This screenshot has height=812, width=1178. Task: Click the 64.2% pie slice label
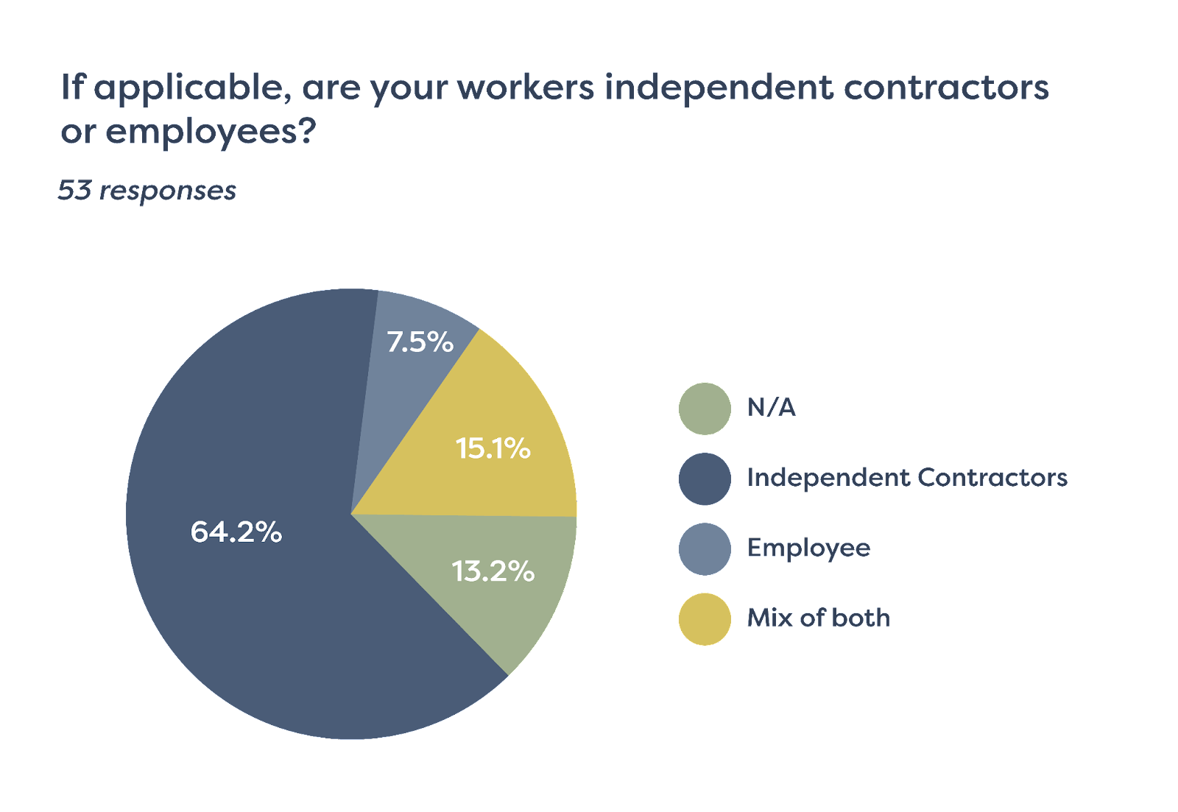(236, 532)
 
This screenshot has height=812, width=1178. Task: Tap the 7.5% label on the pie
(420, 342)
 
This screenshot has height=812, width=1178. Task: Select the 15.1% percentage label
(493, 448)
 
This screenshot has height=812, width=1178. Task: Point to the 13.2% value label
(493, 571)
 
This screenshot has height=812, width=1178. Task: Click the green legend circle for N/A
(705, 409)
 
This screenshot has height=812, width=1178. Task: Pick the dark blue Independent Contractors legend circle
(705, 479)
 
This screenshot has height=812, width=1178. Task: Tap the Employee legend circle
(705, 549)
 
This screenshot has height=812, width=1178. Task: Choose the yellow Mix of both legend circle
(705, 619)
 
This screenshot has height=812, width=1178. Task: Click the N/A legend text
(772, 407)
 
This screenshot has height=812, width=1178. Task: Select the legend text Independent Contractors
(907, 478)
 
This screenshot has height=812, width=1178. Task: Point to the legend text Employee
(808, 548)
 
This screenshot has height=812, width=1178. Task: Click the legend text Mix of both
(819, 618)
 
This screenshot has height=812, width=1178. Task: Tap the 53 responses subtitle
(147, 191)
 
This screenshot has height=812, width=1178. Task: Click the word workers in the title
(526, 88)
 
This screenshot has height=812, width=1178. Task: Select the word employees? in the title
(211, 133)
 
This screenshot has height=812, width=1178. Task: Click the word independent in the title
(719, 88)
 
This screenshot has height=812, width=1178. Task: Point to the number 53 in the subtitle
(74, 191)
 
